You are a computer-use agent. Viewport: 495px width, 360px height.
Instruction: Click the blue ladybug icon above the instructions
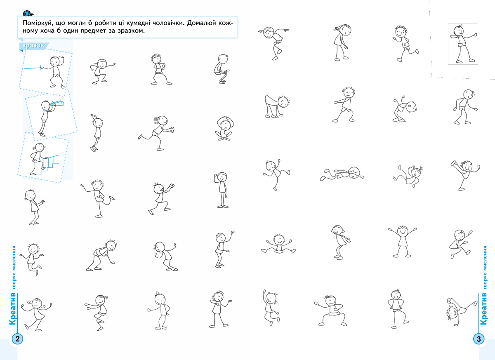[x=28, y=13]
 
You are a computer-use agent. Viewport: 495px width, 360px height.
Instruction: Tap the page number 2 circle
[x=17, y=339]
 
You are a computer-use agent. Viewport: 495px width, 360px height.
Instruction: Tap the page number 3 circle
[x=478, y=339]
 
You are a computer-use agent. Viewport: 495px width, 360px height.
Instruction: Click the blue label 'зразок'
[x=33, y=45]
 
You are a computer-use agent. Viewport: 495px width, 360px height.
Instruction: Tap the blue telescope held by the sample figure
[x=57, y=104]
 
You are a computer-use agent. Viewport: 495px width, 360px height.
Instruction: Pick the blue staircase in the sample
[x=47, y=165]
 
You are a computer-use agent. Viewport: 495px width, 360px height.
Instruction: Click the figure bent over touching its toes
[x=277, y=106]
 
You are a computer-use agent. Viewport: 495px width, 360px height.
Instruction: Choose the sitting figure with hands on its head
[x=224, y=128]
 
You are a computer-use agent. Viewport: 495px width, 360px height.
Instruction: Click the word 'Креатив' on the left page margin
[x=13, y=309]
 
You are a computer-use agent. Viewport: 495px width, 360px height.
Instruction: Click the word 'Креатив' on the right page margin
[x=483, y=309]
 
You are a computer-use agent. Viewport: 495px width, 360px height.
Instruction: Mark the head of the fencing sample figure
[x=54, y=61]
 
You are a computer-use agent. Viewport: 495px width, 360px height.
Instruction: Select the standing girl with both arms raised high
[x=402, y=241]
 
